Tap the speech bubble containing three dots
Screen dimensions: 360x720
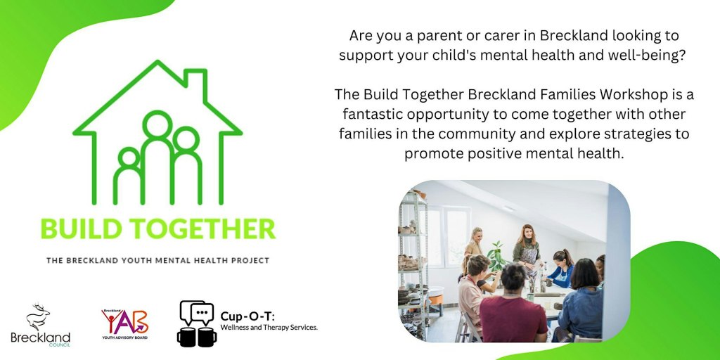(202, 311)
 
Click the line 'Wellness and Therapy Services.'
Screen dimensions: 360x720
(269, 327)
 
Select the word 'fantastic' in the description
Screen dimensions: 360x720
(376, 114)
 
